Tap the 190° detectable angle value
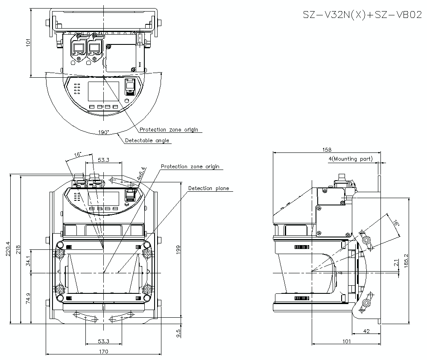(103, 132)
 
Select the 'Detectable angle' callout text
(147, 140)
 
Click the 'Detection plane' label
(208, 188)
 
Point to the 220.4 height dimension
(7, 249)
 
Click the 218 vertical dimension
(18, 249)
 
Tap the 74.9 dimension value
(29, 298)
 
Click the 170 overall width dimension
(103, 351)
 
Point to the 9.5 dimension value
(178, 331)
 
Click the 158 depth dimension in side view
(327, 150)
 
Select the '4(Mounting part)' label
(350, 159)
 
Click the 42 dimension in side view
(366, 330)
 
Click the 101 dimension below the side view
(346, 341)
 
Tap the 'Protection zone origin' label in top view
(169, 129)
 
